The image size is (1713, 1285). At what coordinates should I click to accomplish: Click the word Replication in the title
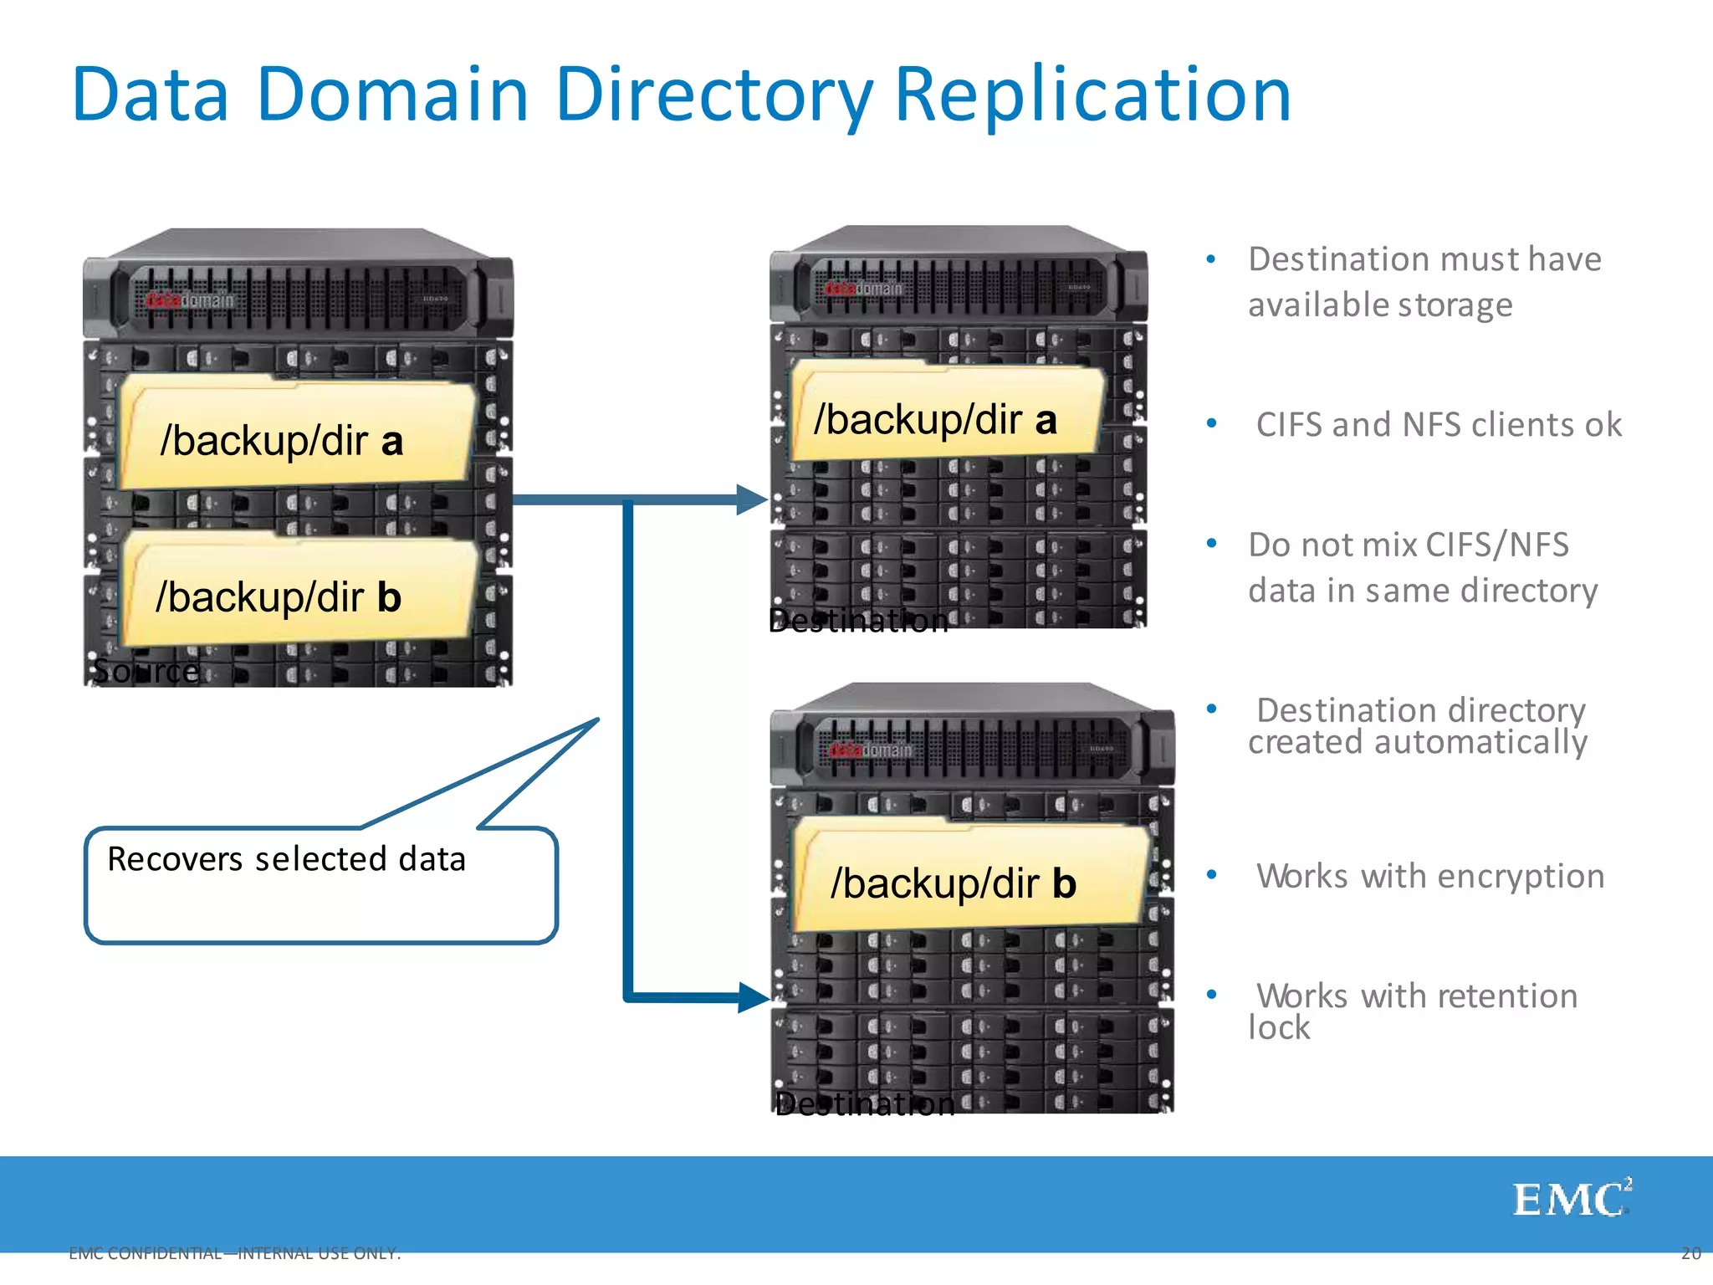click(x=1092, y=95)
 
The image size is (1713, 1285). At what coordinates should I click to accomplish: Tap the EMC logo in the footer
click(x=1571, y=1200)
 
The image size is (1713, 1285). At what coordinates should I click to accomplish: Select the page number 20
click(x=1690, y=1253)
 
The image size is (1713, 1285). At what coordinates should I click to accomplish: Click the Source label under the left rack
click(x=146, y=670)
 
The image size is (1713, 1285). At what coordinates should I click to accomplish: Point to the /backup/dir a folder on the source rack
click(x=296, y=436)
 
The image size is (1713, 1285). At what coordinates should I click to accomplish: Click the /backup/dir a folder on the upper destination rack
click(x=945, y=415)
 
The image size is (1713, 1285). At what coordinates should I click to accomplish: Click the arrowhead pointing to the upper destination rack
click(x=750, y=499)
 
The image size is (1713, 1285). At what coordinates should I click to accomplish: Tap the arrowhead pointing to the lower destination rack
click(x=752, y=997)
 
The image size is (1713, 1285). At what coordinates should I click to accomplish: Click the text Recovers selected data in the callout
click(x=286, y=859)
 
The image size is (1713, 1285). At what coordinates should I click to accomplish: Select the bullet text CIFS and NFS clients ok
click(x=1439, y=425)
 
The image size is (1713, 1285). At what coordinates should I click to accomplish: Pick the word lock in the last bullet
click(x=1278, y=1027)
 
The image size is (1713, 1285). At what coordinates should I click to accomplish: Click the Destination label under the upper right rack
click(x=858, y=621)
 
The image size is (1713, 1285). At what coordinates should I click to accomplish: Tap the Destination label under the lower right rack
click(x=865, y=1104)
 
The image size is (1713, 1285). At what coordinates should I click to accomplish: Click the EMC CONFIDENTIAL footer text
click(x=235, y=1253)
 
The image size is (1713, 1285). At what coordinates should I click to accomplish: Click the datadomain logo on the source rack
click(x=190, y=300)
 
